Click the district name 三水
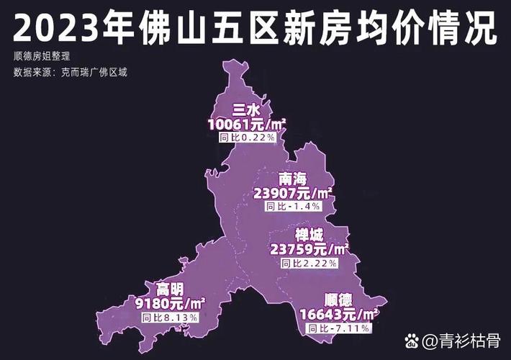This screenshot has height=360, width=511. [x=245, y=109]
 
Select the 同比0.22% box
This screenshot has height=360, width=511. [x=246, y=136]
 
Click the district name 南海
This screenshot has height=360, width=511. [x=292, y=179]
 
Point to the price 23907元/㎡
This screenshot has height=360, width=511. [x=293, y=193]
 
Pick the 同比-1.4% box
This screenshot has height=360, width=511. [x=293, y=206]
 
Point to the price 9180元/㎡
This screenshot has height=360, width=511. [x=170, y=302]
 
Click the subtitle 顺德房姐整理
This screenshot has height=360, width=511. [x=41, y=56]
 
